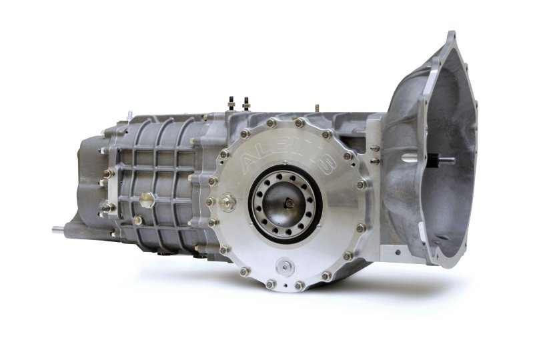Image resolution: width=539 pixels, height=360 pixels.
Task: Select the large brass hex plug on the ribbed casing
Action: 145,200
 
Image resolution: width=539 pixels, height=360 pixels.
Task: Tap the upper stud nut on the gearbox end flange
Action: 106,174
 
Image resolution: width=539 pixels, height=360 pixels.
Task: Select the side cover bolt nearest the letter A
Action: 225,155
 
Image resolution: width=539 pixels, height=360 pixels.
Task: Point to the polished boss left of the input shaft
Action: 408,160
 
